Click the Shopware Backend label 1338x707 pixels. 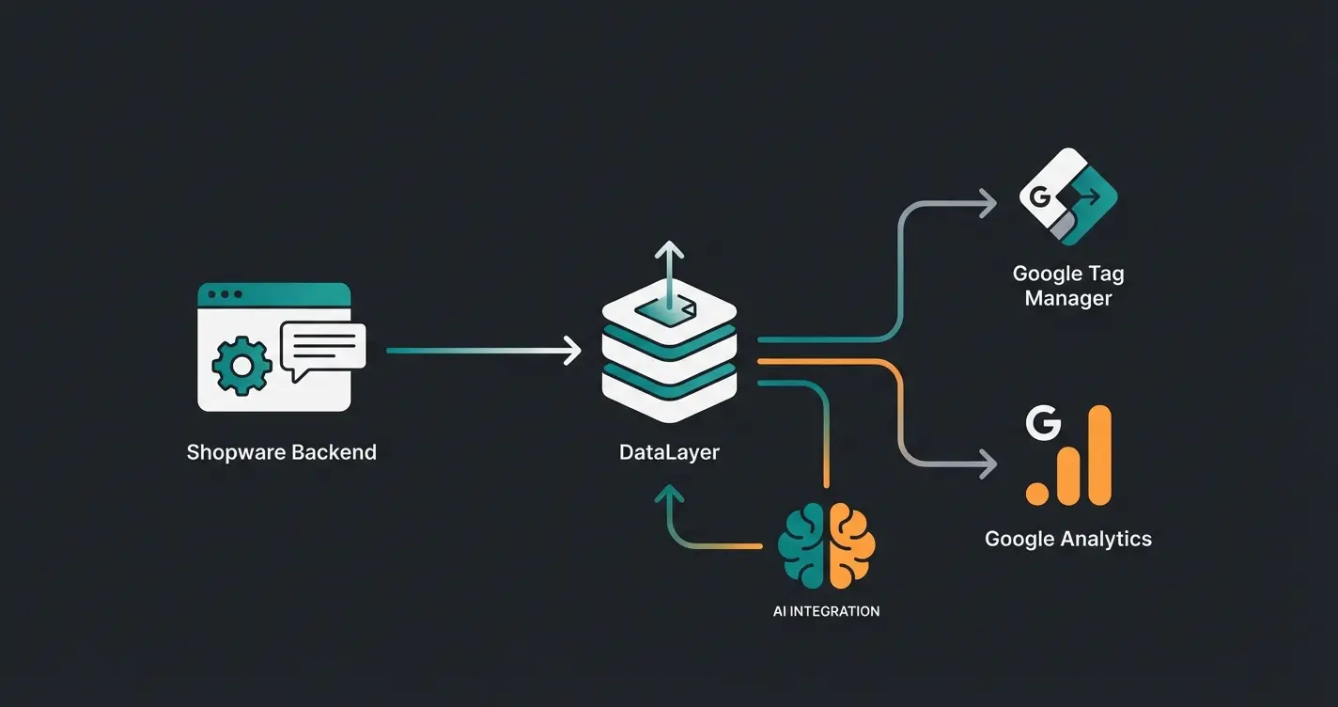[281, 452]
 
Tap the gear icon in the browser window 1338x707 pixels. [242, 365]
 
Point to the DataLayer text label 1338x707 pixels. [669, 452]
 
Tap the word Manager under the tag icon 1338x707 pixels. [1067, 299]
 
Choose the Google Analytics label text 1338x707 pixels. [1067, 539]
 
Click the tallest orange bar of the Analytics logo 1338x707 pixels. [1097, 456]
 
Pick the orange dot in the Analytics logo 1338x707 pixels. [1037, 493]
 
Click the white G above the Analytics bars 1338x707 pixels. [1043, 424]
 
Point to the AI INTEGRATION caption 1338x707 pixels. [826, 611]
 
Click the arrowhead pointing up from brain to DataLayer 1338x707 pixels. [669, 495]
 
